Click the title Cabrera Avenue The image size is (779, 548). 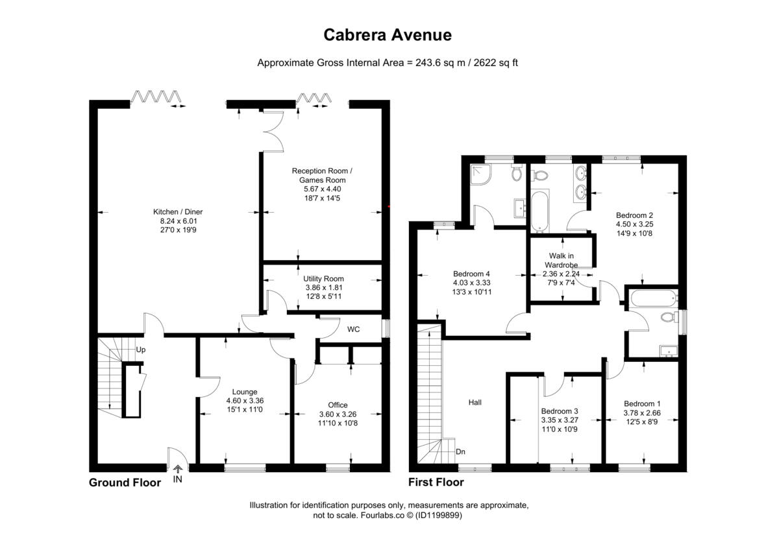point(388,35)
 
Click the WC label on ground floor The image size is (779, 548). point(353,329)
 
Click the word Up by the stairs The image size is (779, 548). point(140,350)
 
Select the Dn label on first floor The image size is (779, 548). point(460,451)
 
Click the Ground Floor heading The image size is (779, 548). point(125,482)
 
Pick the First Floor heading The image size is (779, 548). point(436,482)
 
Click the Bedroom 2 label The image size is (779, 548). point(634,215)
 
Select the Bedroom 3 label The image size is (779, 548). point(559,411)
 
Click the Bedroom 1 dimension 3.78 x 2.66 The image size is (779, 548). point(642,413)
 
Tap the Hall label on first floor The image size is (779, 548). point(475,402)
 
